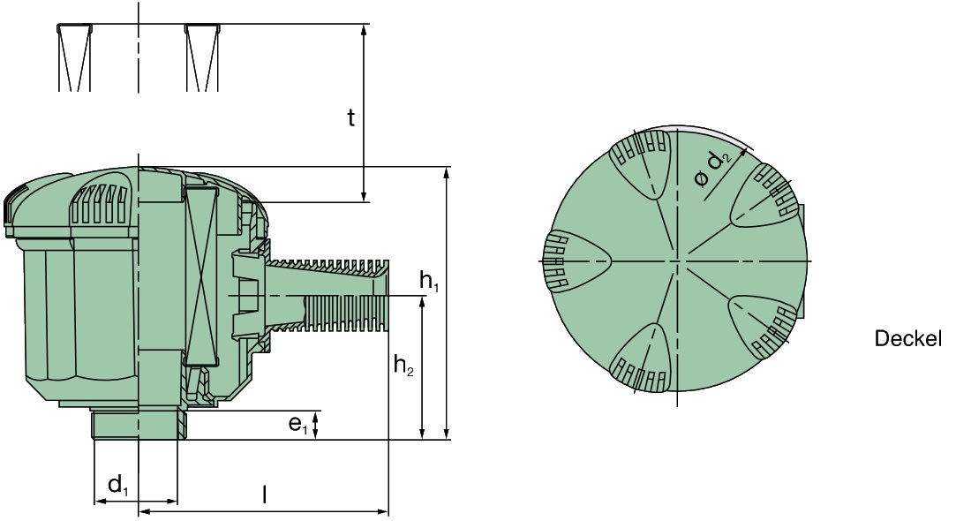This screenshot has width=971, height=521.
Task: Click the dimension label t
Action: [350, 118]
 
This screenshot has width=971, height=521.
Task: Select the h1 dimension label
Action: [429, 283]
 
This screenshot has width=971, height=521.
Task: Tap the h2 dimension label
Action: [403, 366]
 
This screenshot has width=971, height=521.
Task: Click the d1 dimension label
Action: [117, 484]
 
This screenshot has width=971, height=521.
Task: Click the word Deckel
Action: [907, 338]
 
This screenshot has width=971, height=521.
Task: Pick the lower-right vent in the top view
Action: [764, 323]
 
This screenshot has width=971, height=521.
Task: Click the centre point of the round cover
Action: [677, 261]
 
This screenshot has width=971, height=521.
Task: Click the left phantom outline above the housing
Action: [74, 57]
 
